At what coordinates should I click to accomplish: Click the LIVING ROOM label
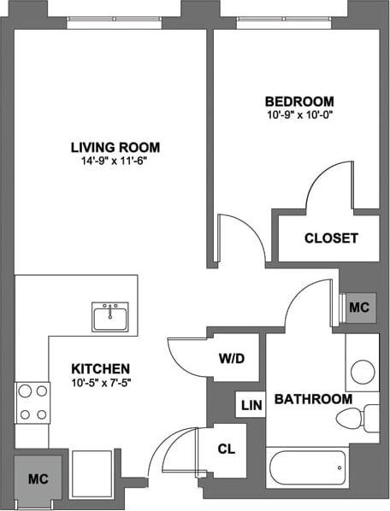click(115, 147)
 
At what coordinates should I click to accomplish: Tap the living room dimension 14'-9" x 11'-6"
click(115, 161)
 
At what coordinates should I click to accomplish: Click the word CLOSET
click(331, 238)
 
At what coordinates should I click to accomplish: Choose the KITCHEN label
click(101, 368)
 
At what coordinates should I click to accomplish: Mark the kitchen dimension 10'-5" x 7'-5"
click(101, 382)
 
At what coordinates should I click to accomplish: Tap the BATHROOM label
click(313, 399)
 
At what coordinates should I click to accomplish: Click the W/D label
click(231, 358)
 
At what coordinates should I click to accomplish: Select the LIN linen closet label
click(251, 405)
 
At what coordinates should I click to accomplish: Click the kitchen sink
click(110, 316)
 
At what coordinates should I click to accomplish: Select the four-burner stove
click(32, 403)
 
